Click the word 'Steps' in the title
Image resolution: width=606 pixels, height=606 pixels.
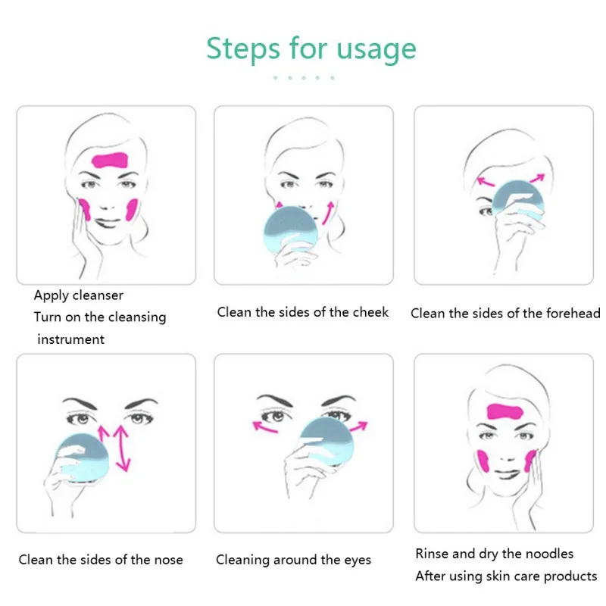coord(243,48)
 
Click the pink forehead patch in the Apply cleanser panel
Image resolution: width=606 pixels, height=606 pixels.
coord(110,160)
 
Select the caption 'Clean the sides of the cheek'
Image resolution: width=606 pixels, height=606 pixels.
coord(302,312)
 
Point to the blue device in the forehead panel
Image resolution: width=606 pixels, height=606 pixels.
coord(519,201)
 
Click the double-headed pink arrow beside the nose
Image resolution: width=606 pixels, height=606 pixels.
coord(123,448)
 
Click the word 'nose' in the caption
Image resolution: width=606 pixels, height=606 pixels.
coord(168,560)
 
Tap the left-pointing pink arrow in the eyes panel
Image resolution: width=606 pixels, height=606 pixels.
coord(264,426)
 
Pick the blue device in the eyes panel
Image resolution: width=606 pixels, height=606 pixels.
coord(327,441)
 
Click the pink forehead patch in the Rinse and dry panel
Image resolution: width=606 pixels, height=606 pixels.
coord(504,411)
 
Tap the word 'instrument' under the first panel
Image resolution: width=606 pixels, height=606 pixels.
coord(70,339)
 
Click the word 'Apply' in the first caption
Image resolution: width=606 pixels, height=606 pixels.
coord(50,295)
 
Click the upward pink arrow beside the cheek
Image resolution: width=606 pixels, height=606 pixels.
coord(328,213)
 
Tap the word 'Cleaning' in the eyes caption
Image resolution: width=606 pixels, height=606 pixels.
coord(242,560)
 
